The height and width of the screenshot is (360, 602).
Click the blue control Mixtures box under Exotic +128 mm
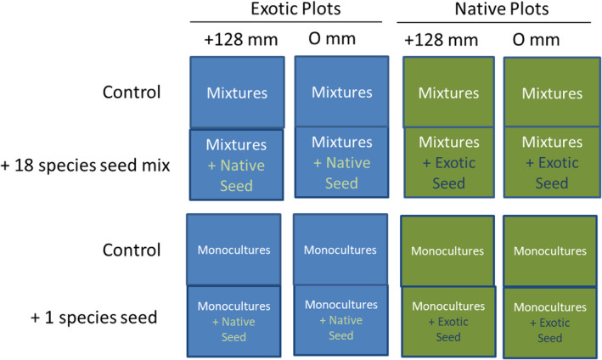click(x=234, y=91)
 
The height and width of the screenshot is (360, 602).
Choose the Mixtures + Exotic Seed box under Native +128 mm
click(x=447, y=162)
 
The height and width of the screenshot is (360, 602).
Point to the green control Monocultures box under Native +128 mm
click(x=447, y=250)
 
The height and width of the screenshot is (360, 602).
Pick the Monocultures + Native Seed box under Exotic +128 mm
click(x=234, y=320)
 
